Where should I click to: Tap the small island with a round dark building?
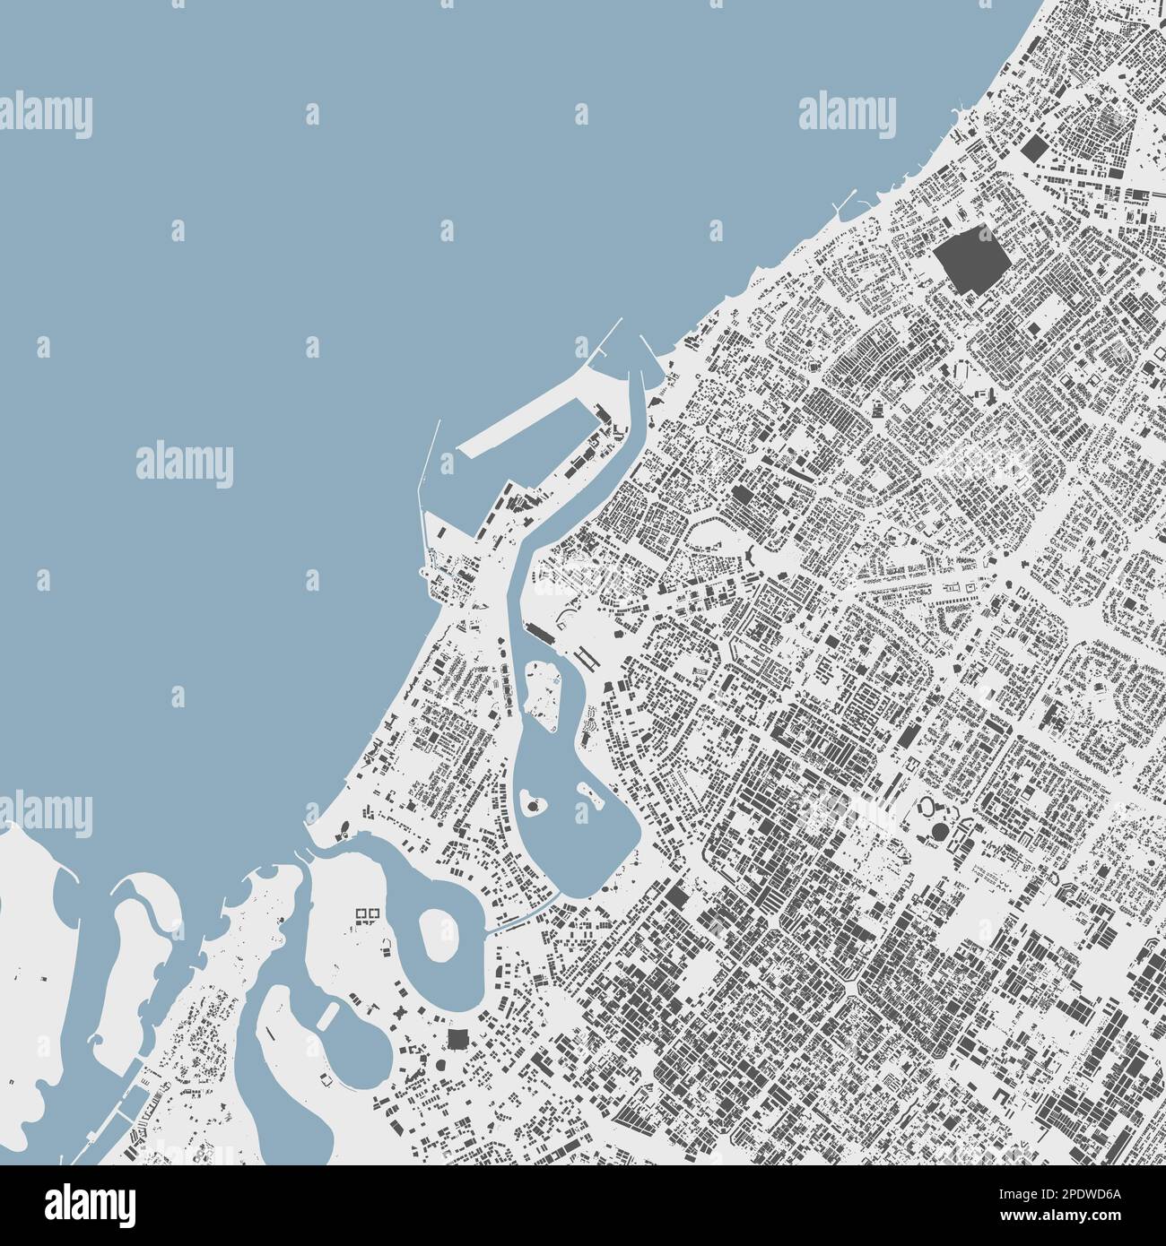536,804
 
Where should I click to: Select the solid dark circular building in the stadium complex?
938,833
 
